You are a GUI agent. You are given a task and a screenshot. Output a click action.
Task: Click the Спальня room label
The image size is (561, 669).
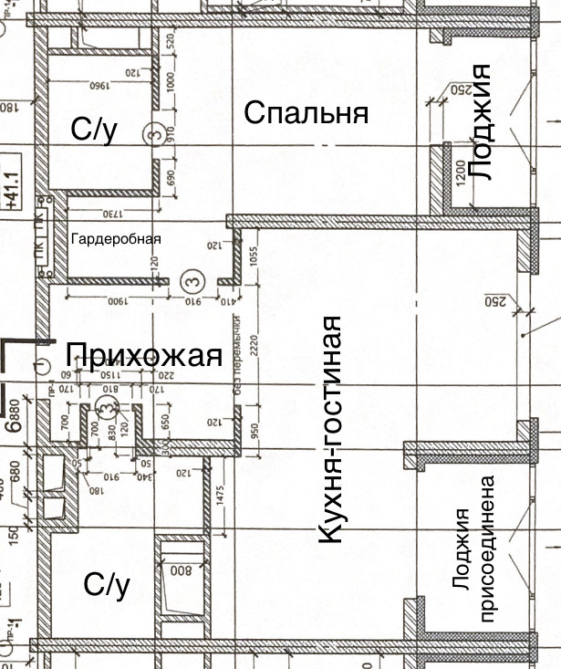306,113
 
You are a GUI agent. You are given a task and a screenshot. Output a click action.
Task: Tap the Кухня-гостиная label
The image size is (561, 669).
331,431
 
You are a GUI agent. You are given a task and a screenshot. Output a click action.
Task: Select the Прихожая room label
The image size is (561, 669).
144,355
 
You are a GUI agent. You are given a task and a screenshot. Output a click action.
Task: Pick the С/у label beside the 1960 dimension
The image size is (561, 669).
95,130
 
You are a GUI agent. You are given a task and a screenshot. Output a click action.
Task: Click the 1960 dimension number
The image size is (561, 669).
99,89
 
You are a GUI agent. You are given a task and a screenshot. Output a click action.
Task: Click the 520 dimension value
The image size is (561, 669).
170,41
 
